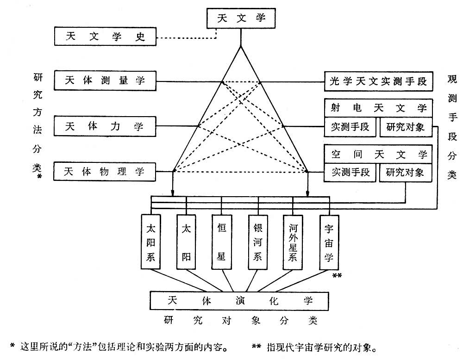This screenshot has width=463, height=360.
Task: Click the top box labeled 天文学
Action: pyautogui.click(x=240, y=19)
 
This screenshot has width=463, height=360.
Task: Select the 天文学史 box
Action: pyautogui.click(x=106, y=37)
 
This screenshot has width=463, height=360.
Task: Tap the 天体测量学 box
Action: pyautogui.click(x=106, y=81)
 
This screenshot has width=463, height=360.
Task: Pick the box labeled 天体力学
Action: pyautogui.click(x=106, y=126)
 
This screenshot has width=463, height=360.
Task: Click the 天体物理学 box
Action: pyautogui.click(x=106, y=172)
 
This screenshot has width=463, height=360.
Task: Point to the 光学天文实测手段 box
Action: pyautogui.click(x=378, y=82)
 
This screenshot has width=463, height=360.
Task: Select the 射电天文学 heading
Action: pyautogui.click(x=378, y=108)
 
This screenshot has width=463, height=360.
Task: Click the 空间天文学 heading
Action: pyautogui.click(x=378, y=154)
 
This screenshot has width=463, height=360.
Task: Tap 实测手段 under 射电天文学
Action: pyautogui.click(x=350, y=127)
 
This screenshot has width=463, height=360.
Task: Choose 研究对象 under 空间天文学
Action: pyautogui.click(x=405, y=172)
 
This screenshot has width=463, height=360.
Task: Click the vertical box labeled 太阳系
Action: pyautogui.click(x=150, y=241)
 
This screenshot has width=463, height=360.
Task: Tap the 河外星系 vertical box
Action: pyautogui.click(x=293, y=241)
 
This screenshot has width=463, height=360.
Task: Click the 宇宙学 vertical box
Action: pyautogui.click(x=329, y=241)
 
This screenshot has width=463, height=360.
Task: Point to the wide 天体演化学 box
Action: pyautogui.click(x=240, y=300)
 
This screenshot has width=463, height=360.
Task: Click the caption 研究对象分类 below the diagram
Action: pyautogui.click(x=240, y=320)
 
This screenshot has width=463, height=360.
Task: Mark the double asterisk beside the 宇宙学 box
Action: pyautogui.click(x=337, y=276)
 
